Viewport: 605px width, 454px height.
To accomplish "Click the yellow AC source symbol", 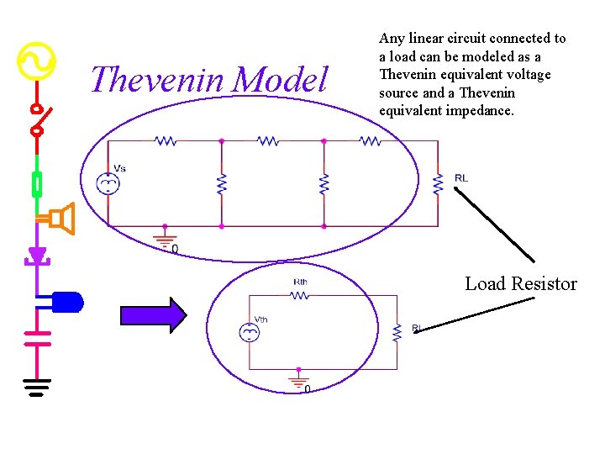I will pos(36,61).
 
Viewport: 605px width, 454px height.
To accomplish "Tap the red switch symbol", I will pos(38,119).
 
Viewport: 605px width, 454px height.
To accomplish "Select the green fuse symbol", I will pos(36,183).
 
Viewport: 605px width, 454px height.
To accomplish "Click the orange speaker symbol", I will pos(60,219).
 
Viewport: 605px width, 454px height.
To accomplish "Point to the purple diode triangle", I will pos(37,255).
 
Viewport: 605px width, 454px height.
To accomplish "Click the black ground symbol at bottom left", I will pos(36,388).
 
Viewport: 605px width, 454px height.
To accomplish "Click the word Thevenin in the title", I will pos(157,81).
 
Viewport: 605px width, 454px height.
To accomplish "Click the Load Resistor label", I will pos(521,284).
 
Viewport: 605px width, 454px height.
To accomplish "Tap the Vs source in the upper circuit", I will pos(108,183).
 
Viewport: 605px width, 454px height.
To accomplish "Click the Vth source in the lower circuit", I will pos(250,333).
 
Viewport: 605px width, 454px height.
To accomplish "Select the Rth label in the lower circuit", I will pos(300,282).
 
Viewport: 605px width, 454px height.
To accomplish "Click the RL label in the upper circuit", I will pos(461,178).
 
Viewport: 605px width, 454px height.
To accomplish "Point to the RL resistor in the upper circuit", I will pos(438,183).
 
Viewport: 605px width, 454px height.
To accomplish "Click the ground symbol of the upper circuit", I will pos(165,237).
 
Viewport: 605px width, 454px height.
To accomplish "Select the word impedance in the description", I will pos(481,111).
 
